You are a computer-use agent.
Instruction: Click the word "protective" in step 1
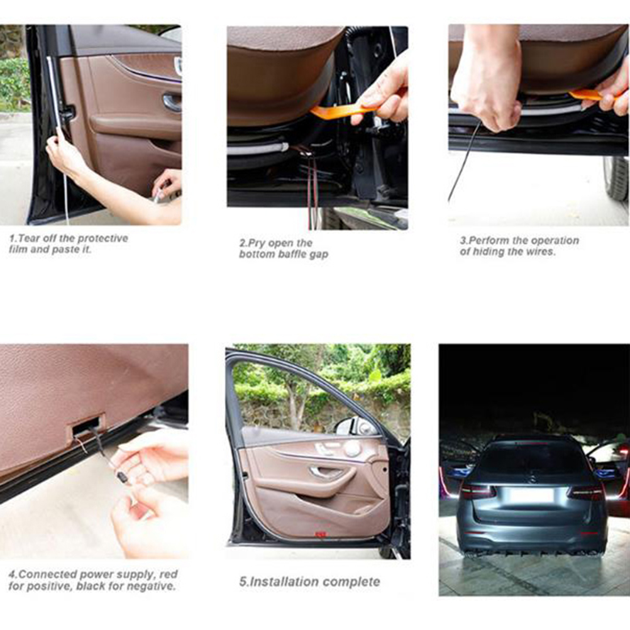(102, 238)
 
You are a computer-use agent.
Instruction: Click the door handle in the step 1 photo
(172, 102)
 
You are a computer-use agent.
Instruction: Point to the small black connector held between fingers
(121, 477)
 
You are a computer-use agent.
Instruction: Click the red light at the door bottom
(320, 535)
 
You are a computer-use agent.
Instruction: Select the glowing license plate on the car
(531, 495)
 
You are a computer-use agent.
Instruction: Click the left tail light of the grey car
(477, 492)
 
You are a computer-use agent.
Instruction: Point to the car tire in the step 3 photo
(616, 178)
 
